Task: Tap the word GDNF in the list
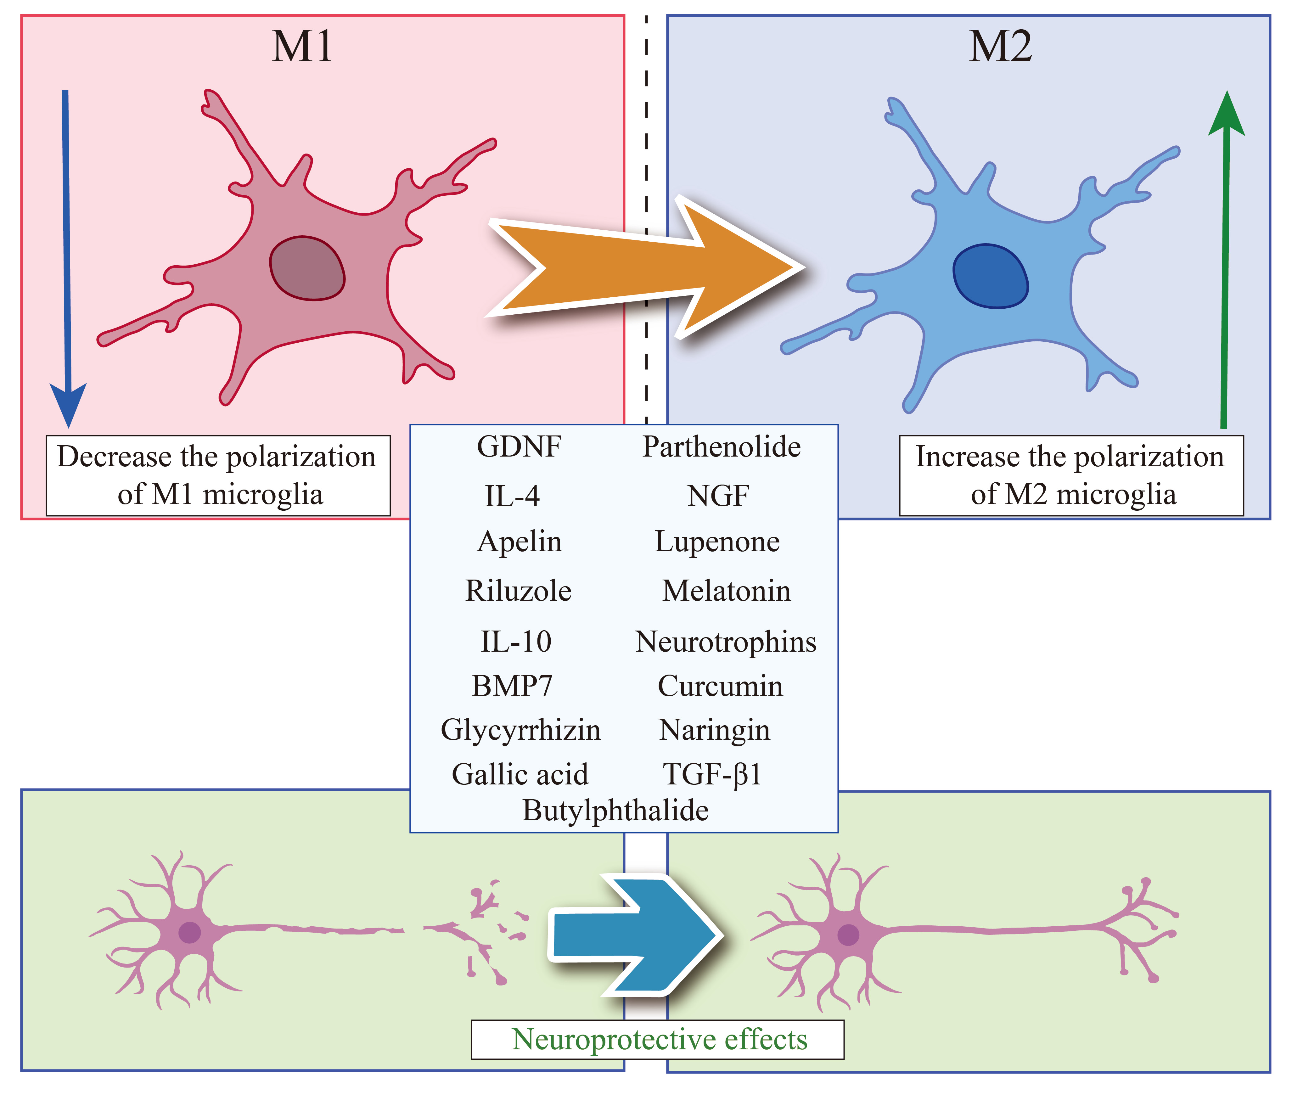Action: [x=519, y=447]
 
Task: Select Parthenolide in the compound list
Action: [x=722, y=447]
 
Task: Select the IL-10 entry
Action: [x=516, y=642]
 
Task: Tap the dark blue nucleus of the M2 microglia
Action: [x=990, y=276]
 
